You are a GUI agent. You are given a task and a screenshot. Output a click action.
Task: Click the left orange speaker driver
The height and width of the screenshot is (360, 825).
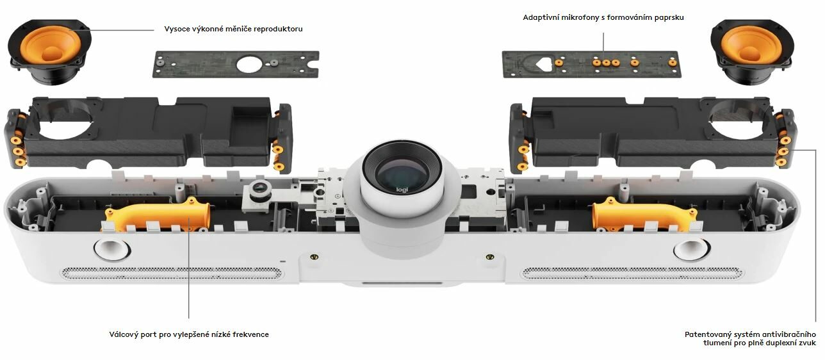(x=50, y=52)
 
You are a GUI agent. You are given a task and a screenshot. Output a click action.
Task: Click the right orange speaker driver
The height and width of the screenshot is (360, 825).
(x=751, y=52)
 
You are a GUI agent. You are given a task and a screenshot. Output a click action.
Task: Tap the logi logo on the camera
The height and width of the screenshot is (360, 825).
(x=402, y=190)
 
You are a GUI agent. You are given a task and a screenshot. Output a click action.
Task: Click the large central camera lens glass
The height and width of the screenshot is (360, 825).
(x=402, y=170)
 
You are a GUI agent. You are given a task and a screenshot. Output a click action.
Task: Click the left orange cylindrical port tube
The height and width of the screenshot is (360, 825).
(x=158, y=216)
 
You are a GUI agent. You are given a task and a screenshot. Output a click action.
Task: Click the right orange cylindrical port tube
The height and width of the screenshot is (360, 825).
(x=644, y=217)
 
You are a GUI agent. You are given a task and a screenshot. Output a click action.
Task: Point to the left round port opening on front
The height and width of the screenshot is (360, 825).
(x=112, y=249)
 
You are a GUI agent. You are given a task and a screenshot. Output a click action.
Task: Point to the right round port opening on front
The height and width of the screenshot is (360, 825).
(x=691, y=249)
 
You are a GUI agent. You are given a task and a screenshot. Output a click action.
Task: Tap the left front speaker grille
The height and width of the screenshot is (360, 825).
(x=172, y=273)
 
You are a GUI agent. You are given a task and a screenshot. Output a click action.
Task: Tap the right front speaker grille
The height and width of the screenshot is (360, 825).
(x=632, y=273)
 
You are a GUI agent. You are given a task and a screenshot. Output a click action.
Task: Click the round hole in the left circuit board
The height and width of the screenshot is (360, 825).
(x=249, y=64)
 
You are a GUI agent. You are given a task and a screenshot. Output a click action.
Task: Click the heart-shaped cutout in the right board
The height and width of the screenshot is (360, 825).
(x=544, y=64)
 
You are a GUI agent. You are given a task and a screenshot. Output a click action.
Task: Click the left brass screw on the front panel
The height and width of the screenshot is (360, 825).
(x=314, y=257)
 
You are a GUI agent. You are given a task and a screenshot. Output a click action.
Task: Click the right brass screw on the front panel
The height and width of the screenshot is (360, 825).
(x=489, y=256)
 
